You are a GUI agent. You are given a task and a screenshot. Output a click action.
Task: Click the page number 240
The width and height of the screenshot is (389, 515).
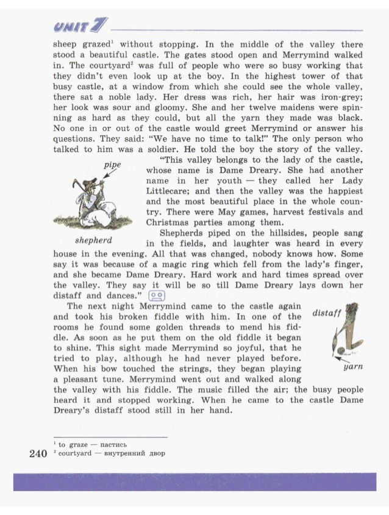38,454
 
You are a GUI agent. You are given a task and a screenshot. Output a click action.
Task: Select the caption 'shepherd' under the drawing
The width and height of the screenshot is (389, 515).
93,240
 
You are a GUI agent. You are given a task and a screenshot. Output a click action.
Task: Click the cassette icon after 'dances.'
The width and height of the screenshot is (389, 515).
157,295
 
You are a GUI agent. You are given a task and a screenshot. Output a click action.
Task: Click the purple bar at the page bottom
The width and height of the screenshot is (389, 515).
194,481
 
